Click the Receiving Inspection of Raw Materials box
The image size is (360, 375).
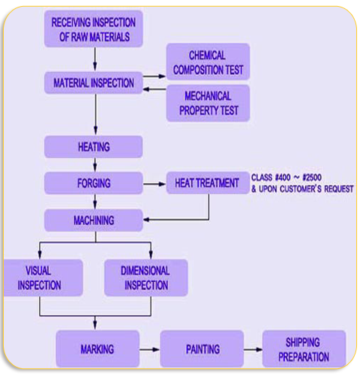coord(94,28)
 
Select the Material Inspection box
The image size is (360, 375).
coord(94,82)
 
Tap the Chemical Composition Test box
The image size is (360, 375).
coord(208,61)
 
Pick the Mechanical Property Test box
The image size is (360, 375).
coord(208,103)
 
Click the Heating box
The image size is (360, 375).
coord(94,147)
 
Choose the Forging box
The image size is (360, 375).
coord(94,183)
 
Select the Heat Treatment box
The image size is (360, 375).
coord(208,183)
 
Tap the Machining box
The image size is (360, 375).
coord(94,220)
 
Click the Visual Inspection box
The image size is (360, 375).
coord(43,277)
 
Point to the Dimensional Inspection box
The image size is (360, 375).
coord(145,277)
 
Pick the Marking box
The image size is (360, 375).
coord(97,349)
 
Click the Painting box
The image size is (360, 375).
coord(202,349)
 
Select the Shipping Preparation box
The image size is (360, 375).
coord(304,349)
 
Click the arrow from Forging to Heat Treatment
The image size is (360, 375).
coord(154,184)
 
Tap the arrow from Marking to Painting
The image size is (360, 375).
coord(149,349)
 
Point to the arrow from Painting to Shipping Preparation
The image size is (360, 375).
coord(253,349)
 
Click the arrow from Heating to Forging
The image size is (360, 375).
coord(95,165)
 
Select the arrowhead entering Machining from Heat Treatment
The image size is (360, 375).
coord(146,220)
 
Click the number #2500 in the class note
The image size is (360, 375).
coord(312,178)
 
